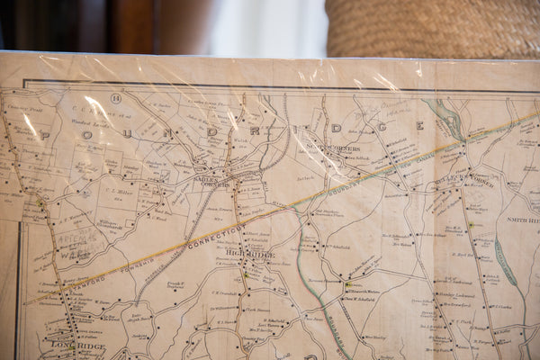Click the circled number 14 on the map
[x=115, y=97]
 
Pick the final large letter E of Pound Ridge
[x=419, y=125]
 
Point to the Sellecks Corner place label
[x=463, y=179]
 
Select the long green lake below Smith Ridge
[x=507, y=261]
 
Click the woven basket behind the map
[x=432, y=27]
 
